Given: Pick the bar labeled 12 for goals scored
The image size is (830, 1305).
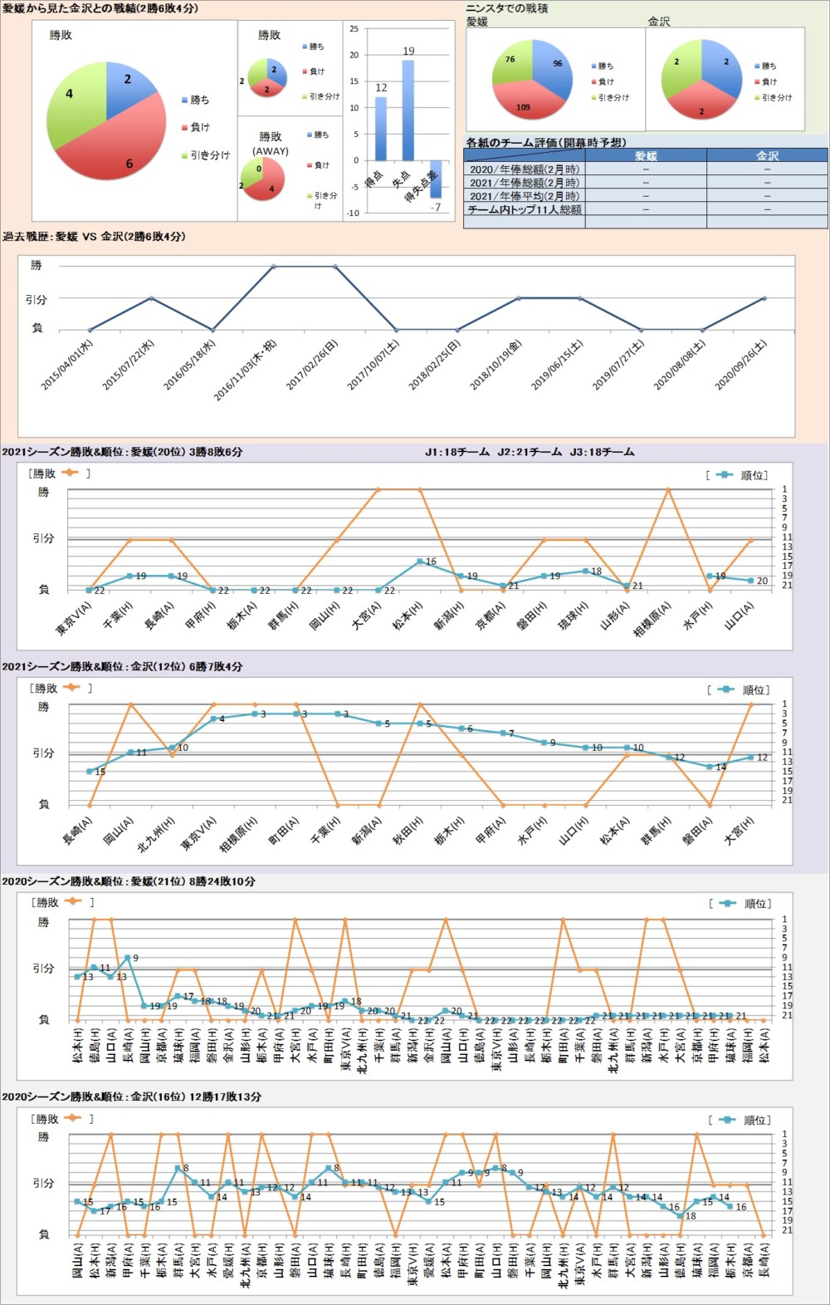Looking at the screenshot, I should coord(381,128).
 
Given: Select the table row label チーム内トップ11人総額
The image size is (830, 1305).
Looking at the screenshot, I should coord(524,209).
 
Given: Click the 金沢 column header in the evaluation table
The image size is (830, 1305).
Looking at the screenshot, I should coord(767,155).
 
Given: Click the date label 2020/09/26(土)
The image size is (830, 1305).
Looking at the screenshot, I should coord(741,366).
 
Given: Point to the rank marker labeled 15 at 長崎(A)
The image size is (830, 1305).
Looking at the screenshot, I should coord(90,772).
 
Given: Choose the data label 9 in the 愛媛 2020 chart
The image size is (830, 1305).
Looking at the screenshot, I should coord(135,958).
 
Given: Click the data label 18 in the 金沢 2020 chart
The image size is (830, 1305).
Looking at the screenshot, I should coord(691,1216).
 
